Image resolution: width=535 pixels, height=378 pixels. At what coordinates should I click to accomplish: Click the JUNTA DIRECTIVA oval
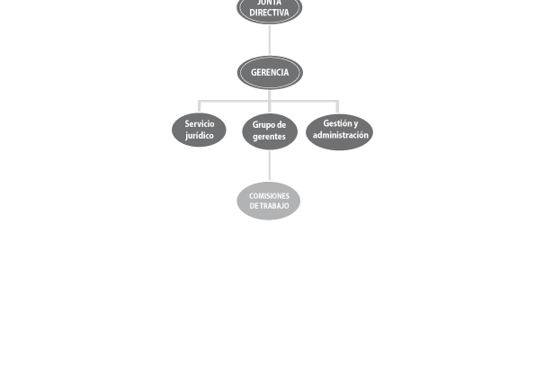pos(270,10)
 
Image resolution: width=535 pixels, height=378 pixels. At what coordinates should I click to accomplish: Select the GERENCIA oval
pos(270,72)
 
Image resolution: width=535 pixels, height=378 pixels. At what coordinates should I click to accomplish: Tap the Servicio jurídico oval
pos(199,130)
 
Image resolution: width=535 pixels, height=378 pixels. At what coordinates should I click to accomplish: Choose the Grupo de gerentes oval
pos(270,131)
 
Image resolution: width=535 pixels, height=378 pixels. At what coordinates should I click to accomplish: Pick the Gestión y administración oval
pos(340,131)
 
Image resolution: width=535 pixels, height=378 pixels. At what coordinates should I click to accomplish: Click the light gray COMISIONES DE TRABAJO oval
pos(269,201)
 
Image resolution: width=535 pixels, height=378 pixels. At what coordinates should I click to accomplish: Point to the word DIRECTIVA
pos(269,13)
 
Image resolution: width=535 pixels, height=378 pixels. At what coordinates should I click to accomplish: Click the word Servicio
pos(200,123)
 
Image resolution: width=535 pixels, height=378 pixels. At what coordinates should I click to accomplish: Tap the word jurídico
pos(200,136)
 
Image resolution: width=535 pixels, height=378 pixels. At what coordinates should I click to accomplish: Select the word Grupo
pos(261,125)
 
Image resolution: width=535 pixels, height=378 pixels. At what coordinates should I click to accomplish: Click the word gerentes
pos(269,137)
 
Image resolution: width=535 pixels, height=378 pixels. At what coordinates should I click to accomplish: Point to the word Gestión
pos(336,123)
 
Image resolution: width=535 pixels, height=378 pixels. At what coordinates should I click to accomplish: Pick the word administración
pos(341,135)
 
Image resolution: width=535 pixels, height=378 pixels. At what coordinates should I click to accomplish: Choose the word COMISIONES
pos(269,196)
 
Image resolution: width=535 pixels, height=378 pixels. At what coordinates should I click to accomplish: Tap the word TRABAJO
pos(273,206)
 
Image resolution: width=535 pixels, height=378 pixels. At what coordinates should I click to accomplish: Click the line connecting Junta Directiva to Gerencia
pos(270,40)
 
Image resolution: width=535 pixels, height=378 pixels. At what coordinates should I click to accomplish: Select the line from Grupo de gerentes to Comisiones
pos(270,166)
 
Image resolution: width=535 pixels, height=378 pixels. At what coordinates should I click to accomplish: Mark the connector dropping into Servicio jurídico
pos(200,106)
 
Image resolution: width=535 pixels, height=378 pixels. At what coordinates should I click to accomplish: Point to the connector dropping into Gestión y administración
pos(337,107)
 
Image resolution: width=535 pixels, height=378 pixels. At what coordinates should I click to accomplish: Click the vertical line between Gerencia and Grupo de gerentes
pos(270,102)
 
